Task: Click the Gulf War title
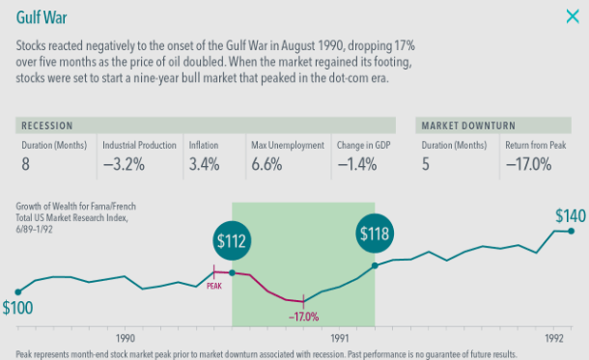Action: (x=42, y=17)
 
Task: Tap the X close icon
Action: (x=573, y=16)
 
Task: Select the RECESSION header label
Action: (x=47, y=125)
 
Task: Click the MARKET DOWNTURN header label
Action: (x=468, y=125)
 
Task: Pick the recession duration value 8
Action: (x=25, y=164)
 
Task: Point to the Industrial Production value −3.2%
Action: (x=124, y=164)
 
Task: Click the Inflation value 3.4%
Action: (x=204, y=164)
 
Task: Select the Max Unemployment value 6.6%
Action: (x=266, y=164)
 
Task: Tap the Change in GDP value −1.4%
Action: (x=357, y=164)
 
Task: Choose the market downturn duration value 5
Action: (x=425, y=164)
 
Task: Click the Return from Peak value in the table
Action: (x=528, y=164)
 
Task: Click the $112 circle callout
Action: (x=232, y=241)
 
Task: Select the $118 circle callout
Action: (x=375, y=234)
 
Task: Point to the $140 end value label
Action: (x=571, y=216)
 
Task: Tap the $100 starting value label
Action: (x=17, y=308)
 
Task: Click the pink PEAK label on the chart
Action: (x=214, y=286)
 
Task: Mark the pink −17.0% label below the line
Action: (x=303, y=317)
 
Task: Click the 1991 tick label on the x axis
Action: (x=340, y=338)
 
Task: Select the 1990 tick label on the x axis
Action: (x=126, y=338)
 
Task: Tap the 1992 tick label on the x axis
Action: (x=554, y=338)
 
